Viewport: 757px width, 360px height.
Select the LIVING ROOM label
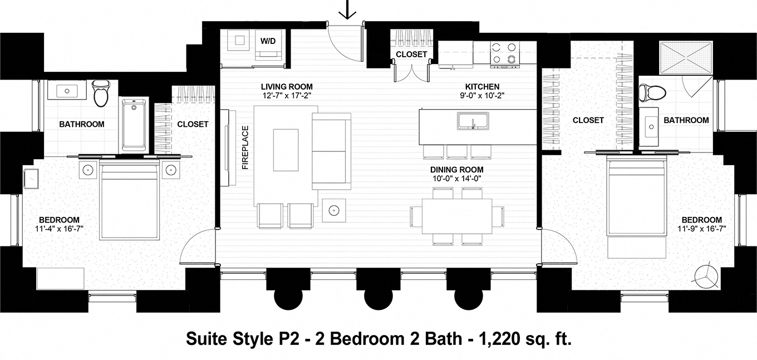(x=287, y=87)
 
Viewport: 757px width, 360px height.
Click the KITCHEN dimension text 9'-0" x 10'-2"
(x=482, y=96)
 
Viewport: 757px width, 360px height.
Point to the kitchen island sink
(x=473, y=120)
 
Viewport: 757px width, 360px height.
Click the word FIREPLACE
(x=244, y=147)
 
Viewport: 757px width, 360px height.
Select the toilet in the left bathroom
(x=101, y=93)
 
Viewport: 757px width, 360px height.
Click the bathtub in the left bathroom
(x=134, y=125)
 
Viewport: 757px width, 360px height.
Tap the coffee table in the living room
(x=286, y=149)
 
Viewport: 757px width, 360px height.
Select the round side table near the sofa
(x=333, y=210)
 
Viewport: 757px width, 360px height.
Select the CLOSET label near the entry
(x=411, y=55)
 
